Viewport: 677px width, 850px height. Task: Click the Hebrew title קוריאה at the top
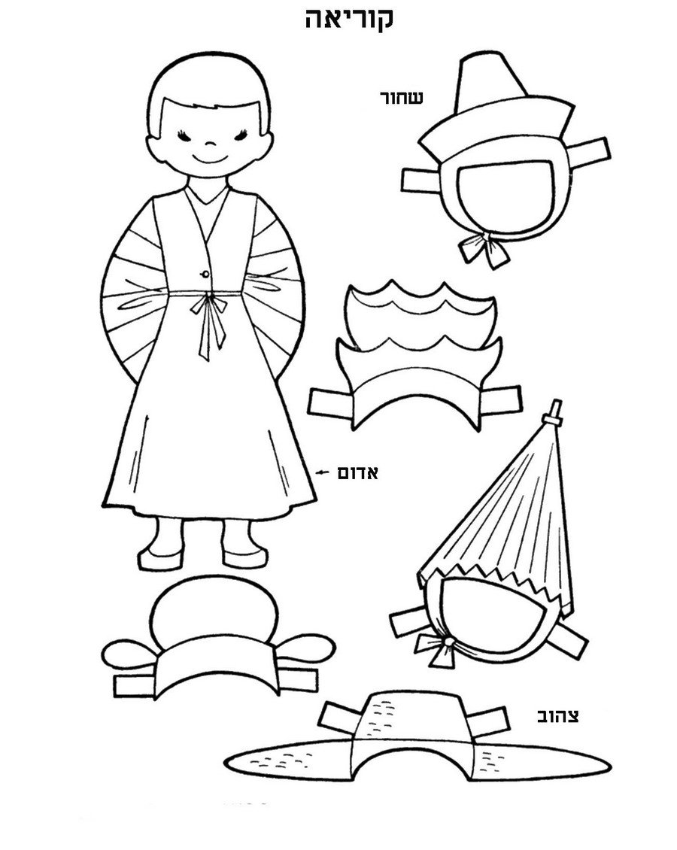click(x=348, y=19)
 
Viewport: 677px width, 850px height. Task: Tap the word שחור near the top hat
click(x=401, y=98)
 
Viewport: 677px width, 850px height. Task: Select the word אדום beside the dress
click(x=357, y=472)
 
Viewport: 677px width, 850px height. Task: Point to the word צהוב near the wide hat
click(x=557, y=716)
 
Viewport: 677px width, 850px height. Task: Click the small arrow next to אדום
click(x=323, y=472)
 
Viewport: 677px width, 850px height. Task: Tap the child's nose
click(x=210, y=144)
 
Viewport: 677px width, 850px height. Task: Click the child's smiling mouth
click(x=208, y=159)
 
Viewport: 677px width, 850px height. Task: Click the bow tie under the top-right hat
click(x=484, y=247)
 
